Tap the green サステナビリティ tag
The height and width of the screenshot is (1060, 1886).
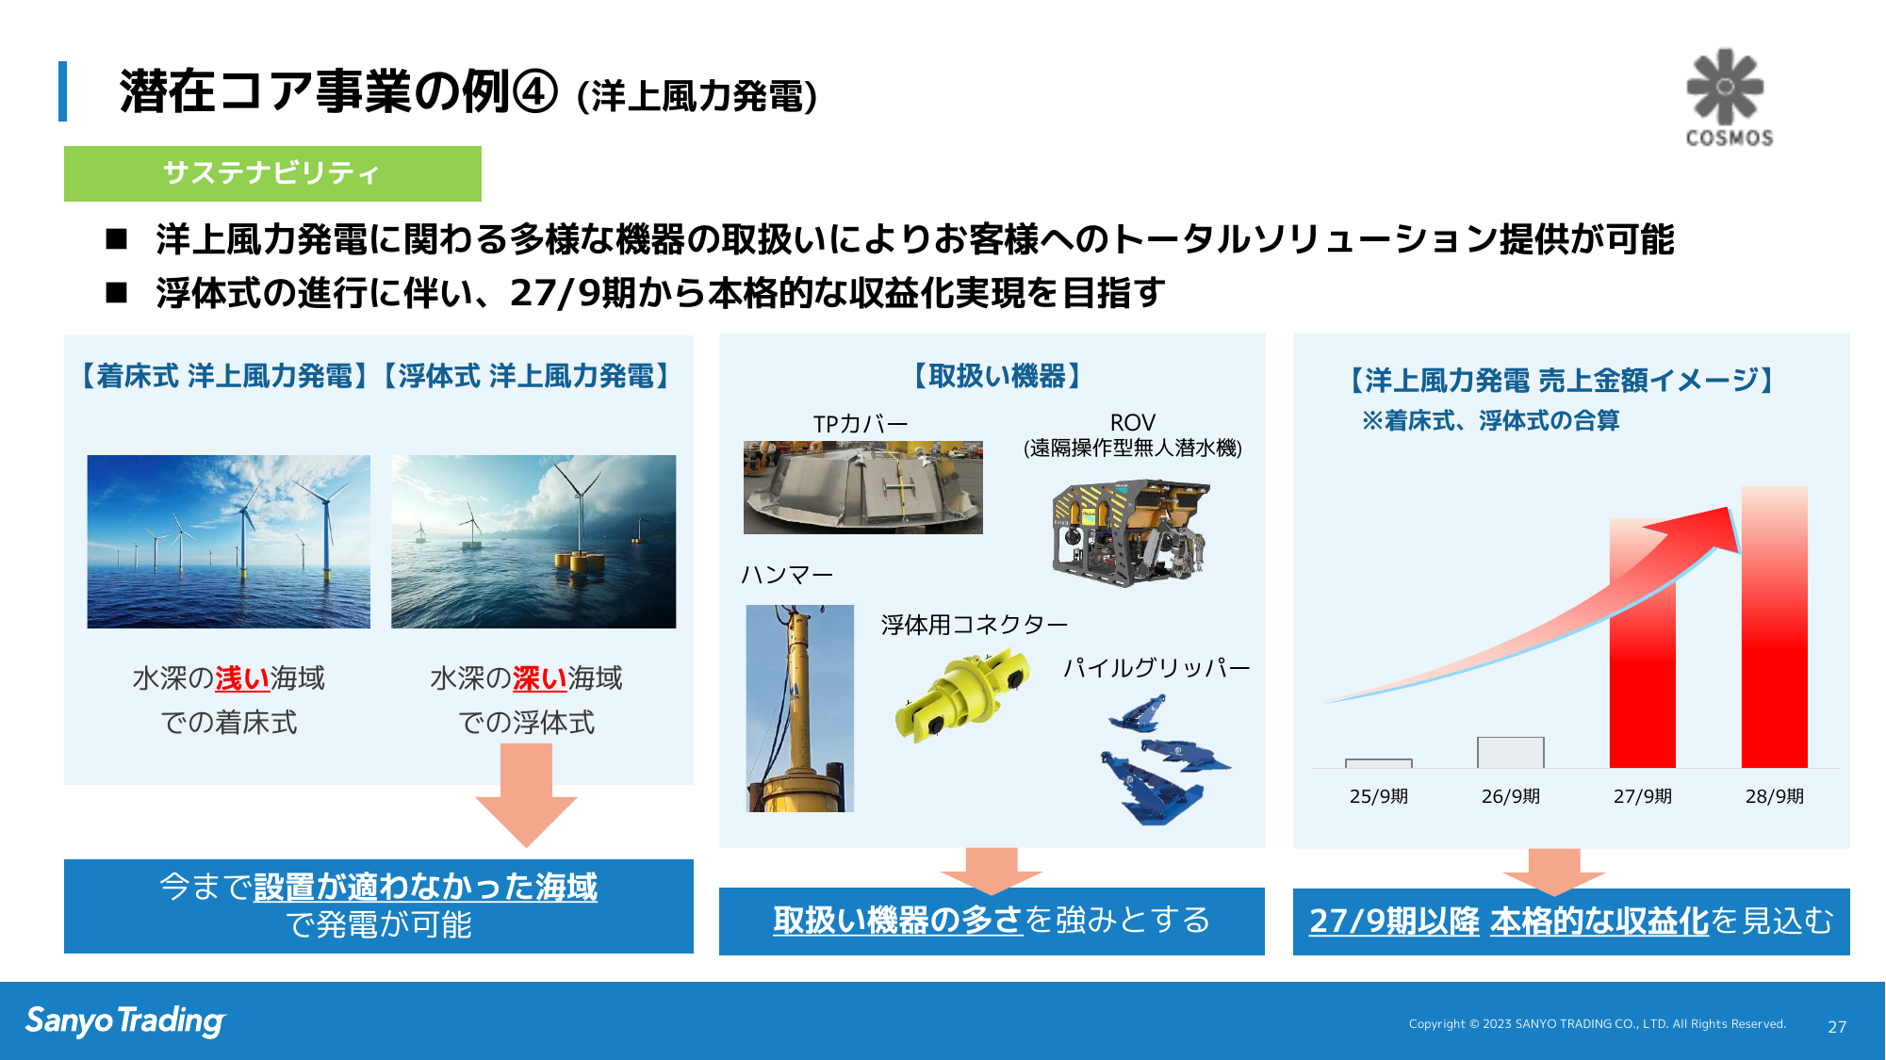tap(272, 173)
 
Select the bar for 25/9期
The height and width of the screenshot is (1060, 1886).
tap(1378, 763)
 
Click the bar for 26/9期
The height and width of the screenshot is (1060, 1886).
tap(1510, 752)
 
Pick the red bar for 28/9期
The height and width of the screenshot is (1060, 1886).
tap(1774, 627)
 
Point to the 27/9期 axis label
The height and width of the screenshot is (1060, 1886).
tap(1642, 796)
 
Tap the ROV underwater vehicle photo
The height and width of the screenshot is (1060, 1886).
tap(1130, 532)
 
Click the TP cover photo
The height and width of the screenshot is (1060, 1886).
tap(862, 487)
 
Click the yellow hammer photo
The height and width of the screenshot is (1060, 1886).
tap(799, 709)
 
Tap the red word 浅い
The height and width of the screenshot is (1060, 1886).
tap(242, 678)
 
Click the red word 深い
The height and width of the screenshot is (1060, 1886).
tap(540, 678)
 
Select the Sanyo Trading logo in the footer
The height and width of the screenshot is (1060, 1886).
tap(125, 1021)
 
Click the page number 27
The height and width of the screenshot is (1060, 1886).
tap(1837, 1027)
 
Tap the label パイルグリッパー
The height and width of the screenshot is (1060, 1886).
tap(1156, 668)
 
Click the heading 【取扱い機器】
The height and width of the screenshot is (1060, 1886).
tap(996, 376)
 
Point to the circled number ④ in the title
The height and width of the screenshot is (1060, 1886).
tap(534, 92)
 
